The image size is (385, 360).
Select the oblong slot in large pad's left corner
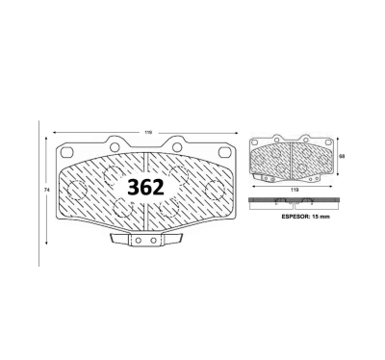point(67,151)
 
